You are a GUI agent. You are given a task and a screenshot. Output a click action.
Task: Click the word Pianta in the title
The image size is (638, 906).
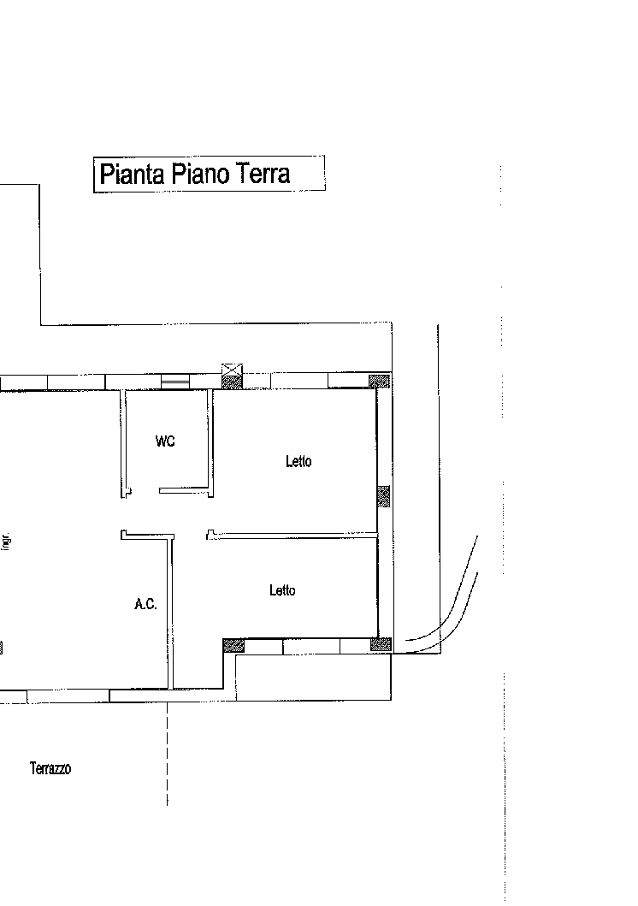(133, 174)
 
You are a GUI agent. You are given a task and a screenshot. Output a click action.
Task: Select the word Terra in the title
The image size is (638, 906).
(262, 174)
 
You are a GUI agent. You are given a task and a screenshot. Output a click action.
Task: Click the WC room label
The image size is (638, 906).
(165, 441)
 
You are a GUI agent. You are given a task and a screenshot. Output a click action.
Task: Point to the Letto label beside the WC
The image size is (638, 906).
(298, 461)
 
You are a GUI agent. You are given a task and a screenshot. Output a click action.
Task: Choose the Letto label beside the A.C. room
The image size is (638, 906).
(282, 590)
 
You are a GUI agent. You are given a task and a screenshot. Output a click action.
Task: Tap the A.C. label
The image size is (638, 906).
(145, 604)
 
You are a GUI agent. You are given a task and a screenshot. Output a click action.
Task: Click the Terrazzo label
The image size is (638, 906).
(50, 768)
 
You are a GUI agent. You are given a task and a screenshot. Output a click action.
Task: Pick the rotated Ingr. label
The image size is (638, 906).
(6, 542)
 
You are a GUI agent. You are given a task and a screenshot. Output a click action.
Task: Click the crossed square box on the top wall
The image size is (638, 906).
(232, 370)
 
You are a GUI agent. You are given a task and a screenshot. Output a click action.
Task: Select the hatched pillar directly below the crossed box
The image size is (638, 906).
(232, 382)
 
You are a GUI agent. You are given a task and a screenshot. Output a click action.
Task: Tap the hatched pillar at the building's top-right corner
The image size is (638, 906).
(380, 382)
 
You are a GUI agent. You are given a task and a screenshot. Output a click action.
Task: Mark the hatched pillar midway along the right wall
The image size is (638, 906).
(383, 496)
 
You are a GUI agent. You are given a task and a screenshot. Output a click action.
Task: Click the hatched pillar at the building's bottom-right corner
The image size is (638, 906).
(381, 645)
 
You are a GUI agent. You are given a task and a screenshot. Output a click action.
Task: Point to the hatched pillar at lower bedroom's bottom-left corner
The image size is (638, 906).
(233, 645)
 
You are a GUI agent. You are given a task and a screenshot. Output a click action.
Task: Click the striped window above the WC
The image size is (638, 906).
(175, 382)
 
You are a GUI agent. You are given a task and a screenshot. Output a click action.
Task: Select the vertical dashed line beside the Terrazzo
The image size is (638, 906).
(168, 754)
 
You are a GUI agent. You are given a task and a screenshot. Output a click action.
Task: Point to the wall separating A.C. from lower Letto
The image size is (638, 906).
(170, 613)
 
